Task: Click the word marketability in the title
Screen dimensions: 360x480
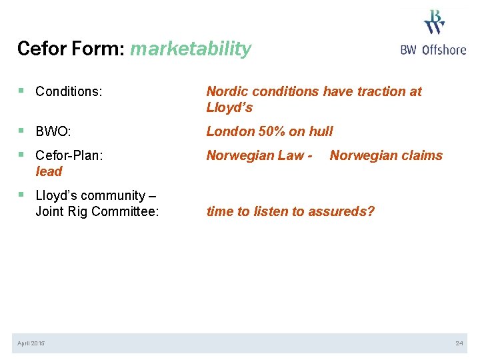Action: [x=191, y=49]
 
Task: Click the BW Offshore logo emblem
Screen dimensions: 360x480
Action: [x=434, y=22]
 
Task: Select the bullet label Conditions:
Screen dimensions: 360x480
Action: [x=69, y=91]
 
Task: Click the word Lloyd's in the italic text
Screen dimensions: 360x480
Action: [x=229, y=107]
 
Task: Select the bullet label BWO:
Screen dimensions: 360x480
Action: [x=53, y=131]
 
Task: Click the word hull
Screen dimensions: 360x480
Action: [x=321, y=131]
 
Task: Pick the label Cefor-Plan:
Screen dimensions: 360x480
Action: [x=69, y=155]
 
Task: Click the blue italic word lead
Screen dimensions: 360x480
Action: [x=49, y=171]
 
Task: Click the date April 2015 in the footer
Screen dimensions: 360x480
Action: [x=32, y=343]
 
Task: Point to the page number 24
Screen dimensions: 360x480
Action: [x=459, y=343]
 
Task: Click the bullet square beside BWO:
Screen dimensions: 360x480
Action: [x=23, y=131]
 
